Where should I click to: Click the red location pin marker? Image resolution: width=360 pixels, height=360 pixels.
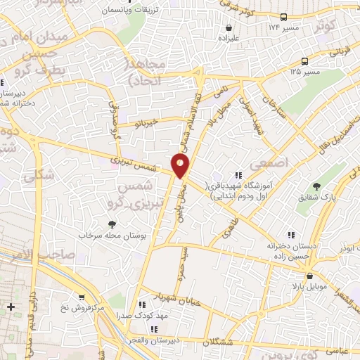(181, 166)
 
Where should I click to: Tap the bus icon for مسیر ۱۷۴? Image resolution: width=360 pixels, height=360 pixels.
(284, 16)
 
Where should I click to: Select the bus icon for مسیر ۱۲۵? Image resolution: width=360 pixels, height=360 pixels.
(304, 61)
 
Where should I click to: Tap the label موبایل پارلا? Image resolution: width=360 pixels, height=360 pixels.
(302, 288)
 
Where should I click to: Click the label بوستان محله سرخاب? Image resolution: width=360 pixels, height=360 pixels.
(113, 234)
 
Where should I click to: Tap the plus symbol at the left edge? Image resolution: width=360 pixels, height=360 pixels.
(11, 307)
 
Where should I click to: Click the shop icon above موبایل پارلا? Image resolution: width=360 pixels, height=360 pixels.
(309, 276)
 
